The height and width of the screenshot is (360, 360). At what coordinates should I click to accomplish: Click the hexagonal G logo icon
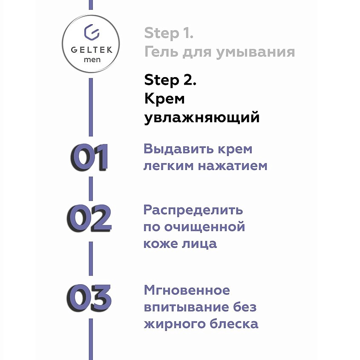click(x=92, y=32)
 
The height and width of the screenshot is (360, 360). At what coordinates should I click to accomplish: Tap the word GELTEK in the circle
click(x=92, y=50)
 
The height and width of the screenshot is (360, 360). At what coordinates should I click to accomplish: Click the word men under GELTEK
click(x=92, y=60)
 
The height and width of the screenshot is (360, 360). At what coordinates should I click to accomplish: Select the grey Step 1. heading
click(x=169, y=33)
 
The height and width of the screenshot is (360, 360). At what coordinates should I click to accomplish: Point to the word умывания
click(x=256, y=52)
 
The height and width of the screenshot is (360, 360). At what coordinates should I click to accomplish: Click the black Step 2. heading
click(x=170, y=80)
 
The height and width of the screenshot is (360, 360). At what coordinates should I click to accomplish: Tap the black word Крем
click(x=164, y=99)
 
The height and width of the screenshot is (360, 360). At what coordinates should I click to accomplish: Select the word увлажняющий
click(x=202, y=118)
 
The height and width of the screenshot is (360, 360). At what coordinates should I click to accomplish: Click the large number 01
click(x=89, y=157)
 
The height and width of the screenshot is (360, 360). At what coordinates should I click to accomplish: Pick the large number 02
click(x=89, y=218)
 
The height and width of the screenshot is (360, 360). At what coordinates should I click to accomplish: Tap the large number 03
click(x=89, y=298)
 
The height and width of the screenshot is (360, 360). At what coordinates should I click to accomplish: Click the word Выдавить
click(x=179, y=149)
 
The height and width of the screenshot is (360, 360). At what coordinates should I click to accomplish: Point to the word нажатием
click(x=233, y=166)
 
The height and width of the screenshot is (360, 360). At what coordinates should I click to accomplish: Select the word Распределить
click(x=193, y=210)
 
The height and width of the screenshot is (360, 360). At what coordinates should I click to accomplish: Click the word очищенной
click(x=205, y=227)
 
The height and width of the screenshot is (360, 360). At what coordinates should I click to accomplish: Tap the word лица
click(x=199, y=244)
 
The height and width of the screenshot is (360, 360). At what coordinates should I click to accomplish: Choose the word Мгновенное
click(x=187, y=290)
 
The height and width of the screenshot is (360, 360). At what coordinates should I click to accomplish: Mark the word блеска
click(x=234, y=324)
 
